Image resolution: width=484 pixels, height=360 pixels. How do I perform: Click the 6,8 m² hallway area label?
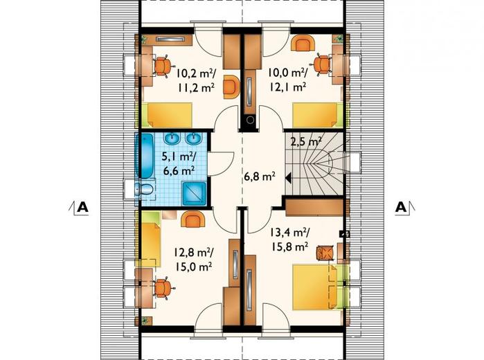pos(259,177)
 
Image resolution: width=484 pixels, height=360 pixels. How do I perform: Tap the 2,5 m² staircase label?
pos(305,142)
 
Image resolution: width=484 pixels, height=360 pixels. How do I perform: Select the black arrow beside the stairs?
pos(288,179)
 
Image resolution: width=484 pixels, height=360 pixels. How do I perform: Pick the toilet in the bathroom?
pos(144,189)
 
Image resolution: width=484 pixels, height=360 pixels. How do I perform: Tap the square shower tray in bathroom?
pos(194,194)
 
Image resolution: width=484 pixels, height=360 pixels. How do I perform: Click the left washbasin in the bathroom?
pos(172,138)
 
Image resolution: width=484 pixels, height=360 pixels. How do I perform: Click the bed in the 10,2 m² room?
pos(170,115)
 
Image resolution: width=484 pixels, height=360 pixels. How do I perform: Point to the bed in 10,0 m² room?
pos(315,115)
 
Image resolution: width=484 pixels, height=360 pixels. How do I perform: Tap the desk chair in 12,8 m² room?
pos(163,289)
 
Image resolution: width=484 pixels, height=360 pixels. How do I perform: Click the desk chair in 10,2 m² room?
pos(162,66)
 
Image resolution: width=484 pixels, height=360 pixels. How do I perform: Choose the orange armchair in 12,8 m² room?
pos(193,219)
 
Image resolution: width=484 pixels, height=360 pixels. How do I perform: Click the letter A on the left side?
pos(82,207)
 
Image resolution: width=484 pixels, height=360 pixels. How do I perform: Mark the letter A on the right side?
pos(401,207)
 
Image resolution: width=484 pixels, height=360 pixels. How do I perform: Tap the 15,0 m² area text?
pos(194,267)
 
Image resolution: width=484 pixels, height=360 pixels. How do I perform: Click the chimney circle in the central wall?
pos(249,120)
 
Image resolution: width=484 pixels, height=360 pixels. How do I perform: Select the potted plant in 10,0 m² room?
pos(339,39)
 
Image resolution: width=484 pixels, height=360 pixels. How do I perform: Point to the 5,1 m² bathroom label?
pos(179,157)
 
